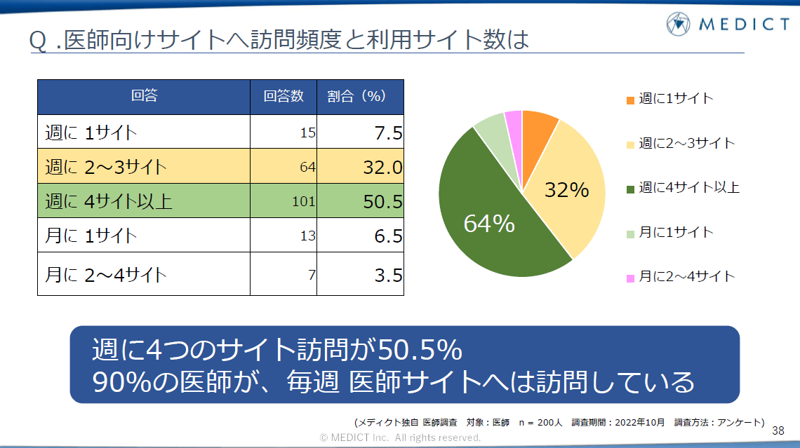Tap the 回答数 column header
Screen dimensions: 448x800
coord(284,97)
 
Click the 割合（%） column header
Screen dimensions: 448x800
coord(360,97)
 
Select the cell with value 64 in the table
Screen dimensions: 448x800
coord(284,168)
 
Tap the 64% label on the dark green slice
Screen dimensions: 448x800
coord(489,224)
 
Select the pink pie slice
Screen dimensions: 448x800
coord(514,121)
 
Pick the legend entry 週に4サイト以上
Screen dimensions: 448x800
coord(688,187)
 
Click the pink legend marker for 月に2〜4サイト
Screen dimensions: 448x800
coord(630,278)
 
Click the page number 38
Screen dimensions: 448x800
coord(778,430)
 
